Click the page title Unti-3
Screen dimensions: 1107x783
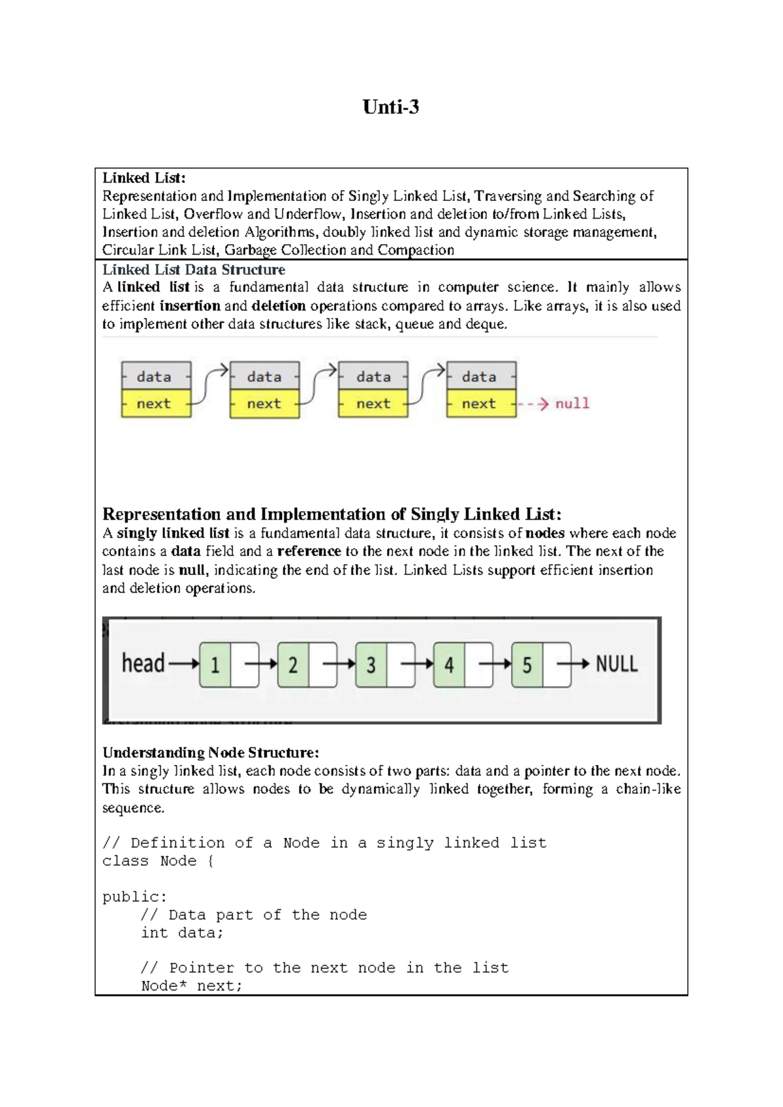coord(390,107)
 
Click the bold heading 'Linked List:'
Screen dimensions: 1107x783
coord(144,178)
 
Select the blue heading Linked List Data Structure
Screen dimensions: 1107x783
coord(193,270)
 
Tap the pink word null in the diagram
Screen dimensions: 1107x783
coord(572,403)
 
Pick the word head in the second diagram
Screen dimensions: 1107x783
coord(143,663)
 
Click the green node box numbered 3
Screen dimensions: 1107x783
coord(371,664)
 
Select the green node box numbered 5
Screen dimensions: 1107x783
coord(527,664)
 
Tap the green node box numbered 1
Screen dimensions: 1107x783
coord(215,664)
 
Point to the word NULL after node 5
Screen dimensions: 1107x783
coord(616,664)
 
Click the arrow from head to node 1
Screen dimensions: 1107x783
coord(184,664)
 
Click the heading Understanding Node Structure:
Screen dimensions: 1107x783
coord(210,753)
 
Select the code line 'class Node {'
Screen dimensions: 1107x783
coord(158,861)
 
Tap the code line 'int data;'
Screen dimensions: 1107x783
coord(182,933)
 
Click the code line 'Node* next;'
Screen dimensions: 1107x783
coord(191,986)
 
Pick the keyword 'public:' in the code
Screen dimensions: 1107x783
coord(134,897)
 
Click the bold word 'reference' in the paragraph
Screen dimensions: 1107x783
coord(309,551)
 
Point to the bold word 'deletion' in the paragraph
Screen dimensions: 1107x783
coord(279,305)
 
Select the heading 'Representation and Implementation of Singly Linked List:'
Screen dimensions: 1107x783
coord(331,514)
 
